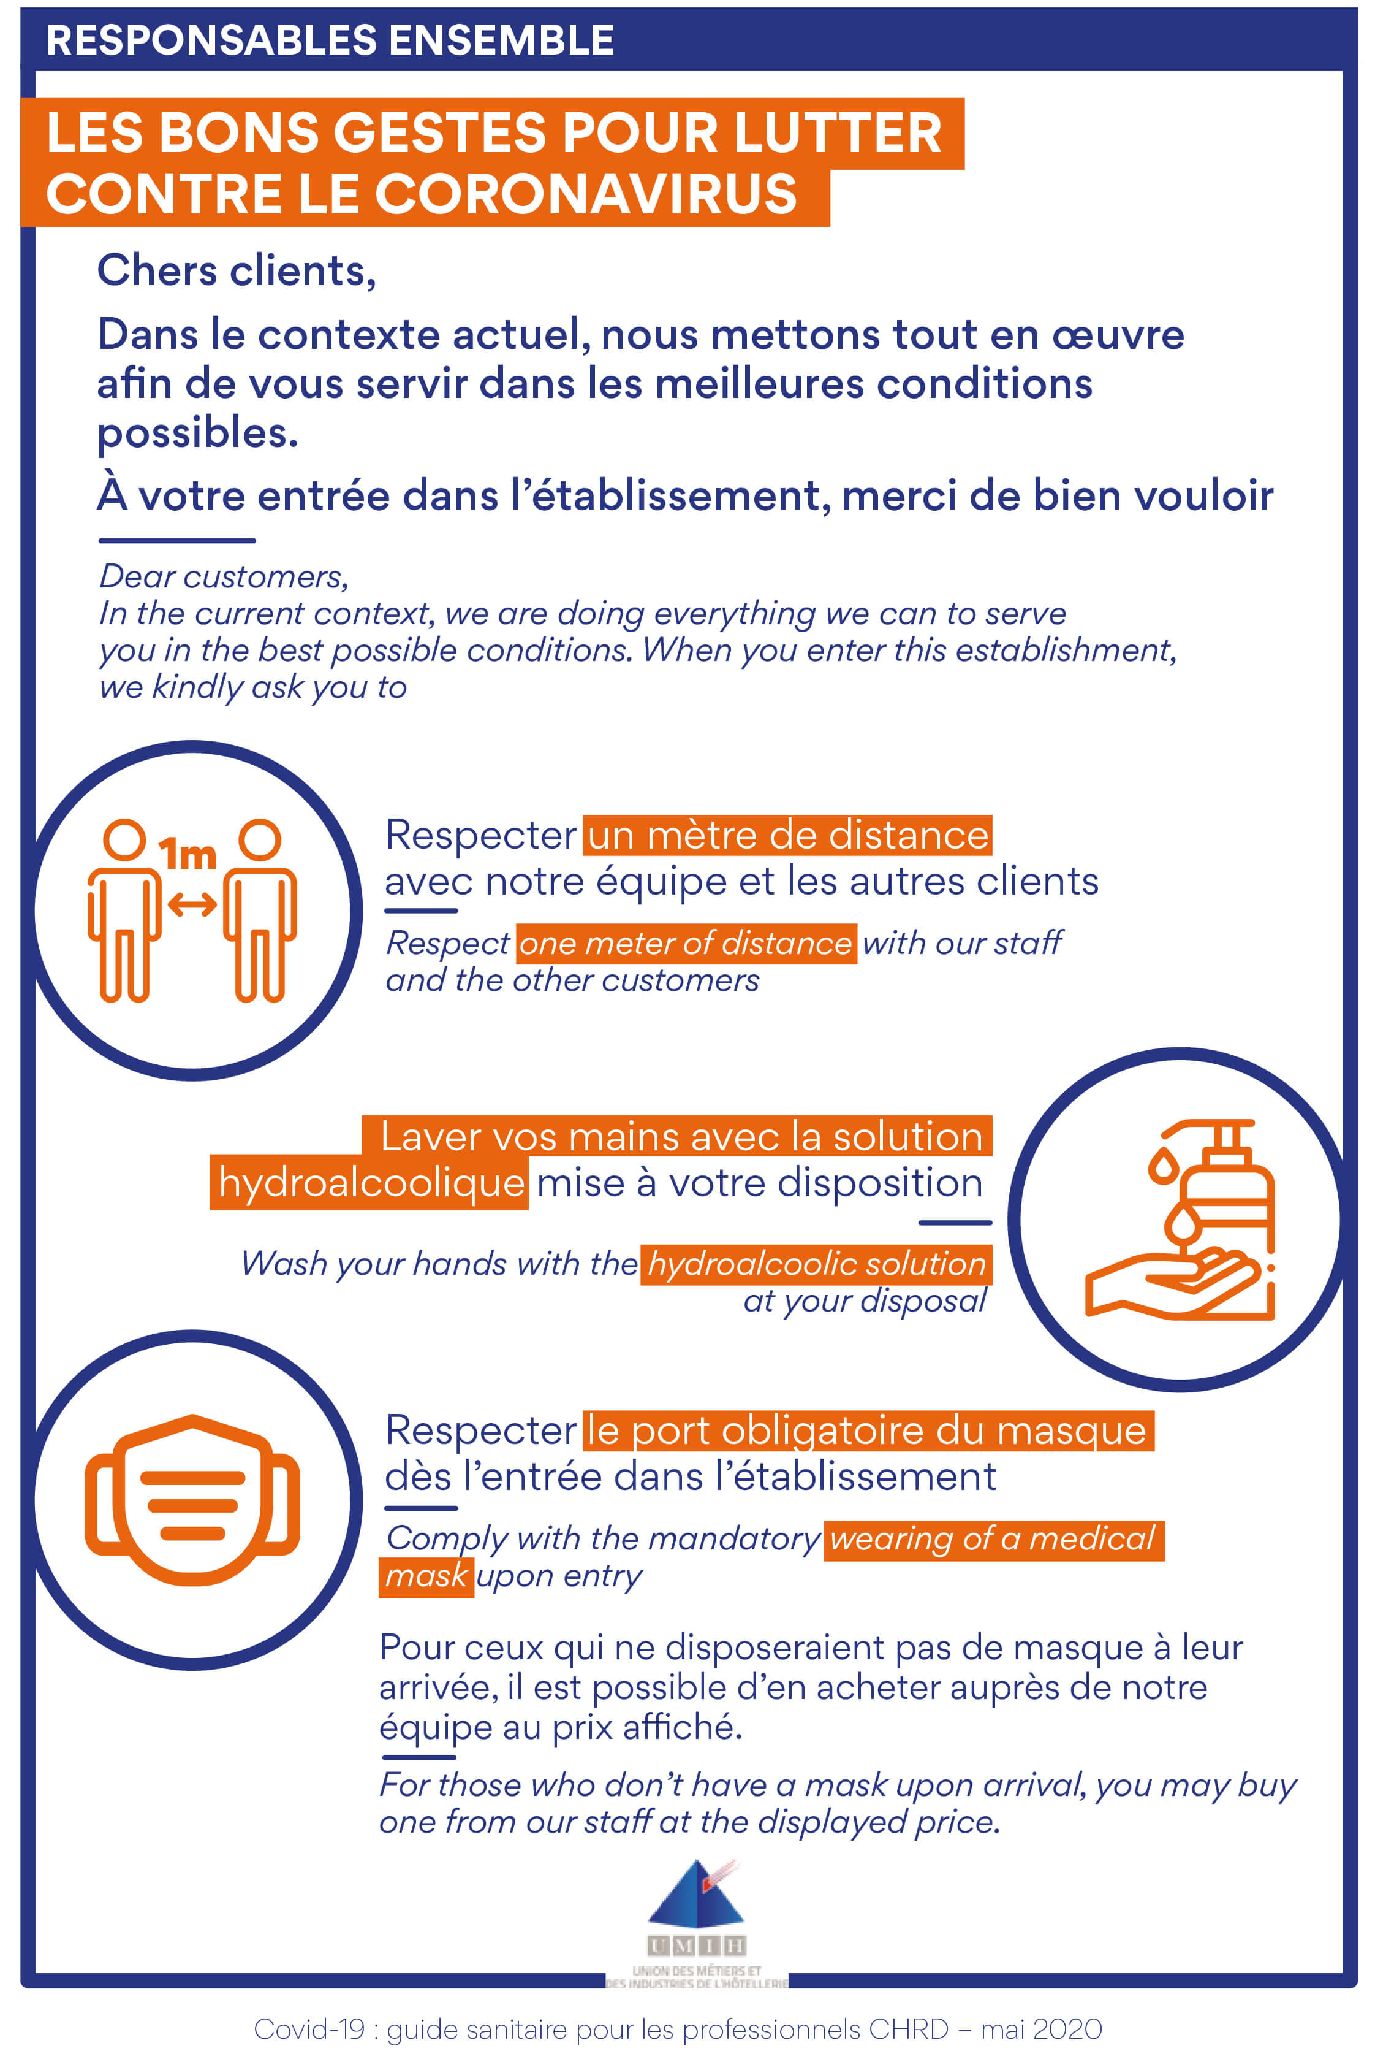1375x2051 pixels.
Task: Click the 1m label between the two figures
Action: pos(187,854)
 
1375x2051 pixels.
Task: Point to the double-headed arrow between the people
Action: pos(192,904)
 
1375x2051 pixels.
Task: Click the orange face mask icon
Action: pos(192,1500)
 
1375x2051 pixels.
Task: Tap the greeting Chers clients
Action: pos(236,270)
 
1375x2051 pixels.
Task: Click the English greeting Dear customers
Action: pos(224,576)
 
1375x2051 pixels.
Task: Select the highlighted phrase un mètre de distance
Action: pos(787,835)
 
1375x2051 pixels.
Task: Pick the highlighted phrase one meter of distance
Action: pos(686,944)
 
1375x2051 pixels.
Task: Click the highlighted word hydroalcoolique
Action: pos(370,1183)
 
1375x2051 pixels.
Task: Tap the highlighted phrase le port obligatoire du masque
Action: pos(866,1430)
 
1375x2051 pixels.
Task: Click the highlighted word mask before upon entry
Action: pos(426,1576)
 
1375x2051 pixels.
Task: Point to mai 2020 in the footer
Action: pos(1041,2022)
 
